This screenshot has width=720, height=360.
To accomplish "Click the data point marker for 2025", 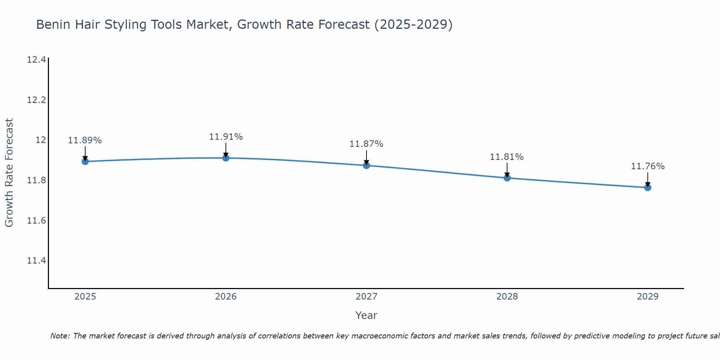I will pos(85,161).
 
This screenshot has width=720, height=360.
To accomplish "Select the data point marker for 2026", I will pos(226,158).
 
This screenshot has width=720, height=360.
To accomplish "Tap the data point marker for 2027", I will pos(366,165).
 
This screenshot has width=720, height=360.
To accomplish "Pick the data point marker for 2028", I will pos(507,177).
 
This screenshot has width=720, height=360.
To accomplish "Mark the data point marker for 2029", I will pos(648,187).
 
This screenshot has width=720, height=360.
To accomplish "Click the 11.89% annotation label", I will pos(85,140).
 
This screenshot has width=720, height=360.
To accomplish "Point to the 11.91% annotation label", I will pos(226,137).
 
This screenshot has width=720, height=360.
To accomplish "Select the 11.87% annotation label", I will pos(366,144).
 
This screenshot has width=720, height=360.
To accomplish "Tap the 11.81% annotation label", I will pos(507,157).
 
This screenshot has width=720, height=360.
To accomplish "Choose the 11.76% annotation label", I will pos(648,166).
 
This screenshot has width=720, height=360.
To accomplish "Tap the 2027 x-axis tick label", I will pos(366,297).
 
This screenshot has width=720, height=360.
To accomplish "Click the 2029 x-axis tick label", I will pos(648,297).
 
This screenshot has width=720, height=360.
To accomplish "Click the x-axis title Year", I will pos(366,315).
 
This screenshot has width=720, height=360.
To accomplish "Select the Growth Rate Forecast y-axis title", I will pos(9,172).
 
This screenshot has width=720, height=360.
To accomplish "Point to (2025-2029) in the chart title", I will pos(413,25).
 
